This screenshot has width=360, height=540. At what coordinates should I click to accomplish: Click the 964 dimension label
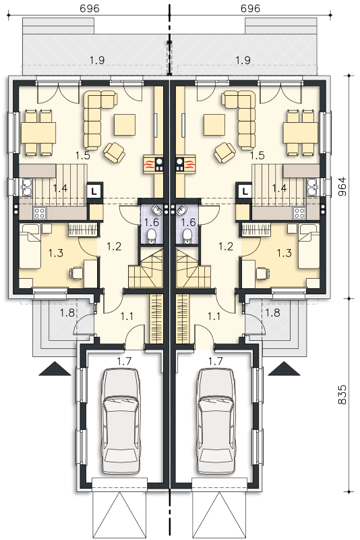[342, 186]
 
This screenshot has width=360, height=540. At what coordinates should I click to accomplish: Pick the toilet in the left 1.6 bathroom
[150, 236]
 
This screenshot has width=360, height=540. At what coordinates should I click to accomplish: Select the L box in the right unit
[245, 190]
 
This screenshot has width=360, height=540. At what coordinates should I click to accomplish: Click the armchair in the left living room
[114, 152]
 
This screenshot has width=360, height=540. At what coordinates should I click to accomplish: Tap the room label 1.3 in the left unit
[56, 254]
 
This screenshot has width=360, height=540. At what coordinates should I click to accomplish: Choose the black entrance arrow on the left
[55, 369]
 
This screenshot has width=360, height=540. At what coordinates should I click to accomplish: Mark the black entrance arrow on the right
[284, 369]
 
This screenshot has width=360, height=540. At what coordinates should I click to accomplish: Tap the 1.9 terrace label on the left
[97, 60]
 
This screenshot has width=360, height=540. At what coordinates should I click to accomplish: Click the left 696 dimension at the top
[90, 8]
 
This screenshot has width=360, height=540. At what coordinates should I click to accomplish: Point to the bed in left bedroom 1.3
[30, 246]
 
